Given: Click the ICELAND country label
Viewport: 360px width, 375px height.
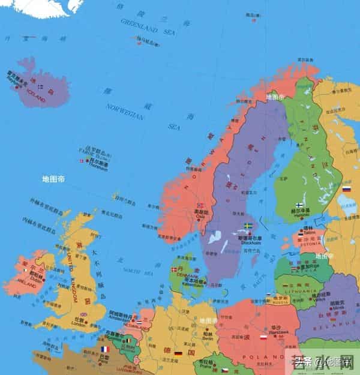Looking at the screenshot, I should point(35,98).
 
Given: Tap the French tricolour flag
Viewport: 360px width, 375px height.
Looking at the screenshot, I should point(104,349).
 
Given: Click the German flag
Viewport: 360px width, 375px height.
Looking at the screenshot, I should point(178,354).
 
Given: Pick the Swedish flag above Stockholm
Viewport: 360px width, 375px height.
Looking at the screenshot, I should point(248,226).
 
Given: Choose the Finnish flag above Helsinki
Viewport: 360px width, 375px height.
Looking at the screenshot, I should point(299,205).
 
